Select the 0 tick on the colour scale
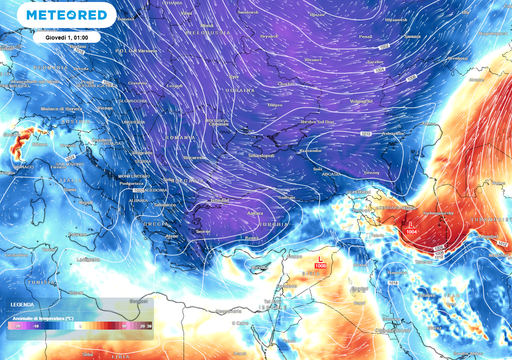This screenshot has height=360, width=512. (x=79, y=325)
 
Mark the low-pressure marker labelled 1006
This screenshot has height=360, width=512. (x=319, y=262)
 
